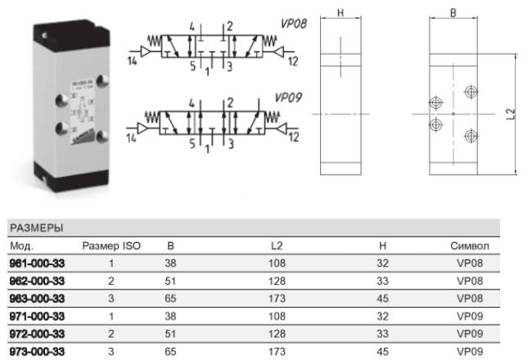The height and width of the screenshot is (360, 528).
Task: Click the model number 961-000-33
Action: point(37,263)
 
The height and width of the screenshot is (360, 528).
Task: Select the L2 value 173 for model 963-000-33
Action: point(277,299)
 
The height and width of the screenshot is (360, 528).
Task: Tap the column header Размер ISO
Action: point(111,246)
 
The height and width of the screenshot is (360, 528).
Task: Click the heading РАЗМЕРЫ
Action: point(36,228)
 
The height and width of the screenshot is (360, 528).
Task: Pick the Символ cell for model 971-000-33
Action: point(470,317)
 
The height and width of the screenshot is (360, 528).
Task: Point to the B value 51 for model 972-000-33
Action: point(170,334)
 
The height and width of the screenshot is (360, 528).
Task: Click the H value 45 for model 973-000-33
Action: point(383,352)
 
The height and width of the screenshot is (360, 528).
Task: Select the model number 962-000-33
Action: point(37,281)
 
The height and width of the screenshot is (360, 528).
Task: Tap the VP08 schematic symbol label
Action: point(294,24)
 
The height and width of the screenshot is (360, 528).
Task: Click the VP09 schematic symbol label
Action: point(288,97)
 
